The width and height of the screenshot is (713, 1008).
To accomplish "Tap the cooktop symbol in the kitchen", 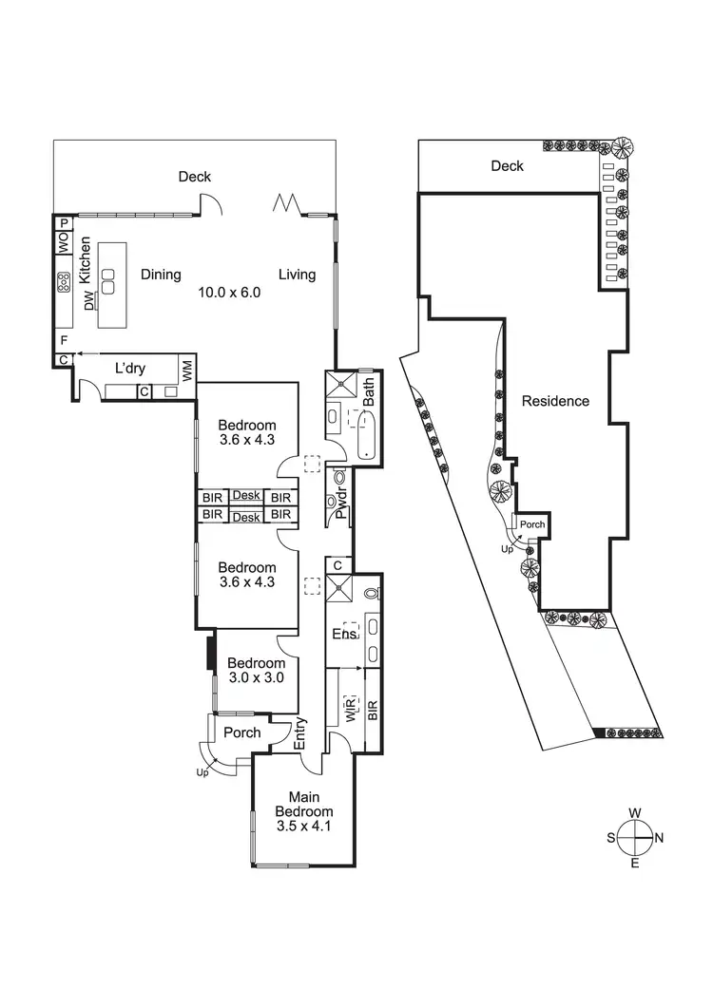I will tap(64, 282).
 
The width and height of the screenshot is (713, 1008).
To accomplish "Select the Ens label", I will tap(343, 634).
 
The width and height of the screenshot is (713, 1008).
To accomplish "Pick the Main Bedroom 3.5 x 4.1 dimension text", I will tap(304, 827).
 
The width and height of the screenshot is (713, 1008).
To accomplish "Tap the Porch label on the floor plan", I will tap(241, 732).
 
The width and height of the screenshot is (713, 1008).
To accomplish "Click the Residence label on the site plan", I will tap(555, 401).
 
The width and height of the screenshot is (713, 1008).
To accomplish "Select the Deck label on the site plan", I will tap(507, 166).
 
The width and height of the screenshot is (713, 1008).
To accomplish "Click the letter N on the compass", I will tap(659, 838).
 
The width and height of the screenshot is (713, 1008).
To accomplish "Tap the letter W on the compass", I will tap(634, 813).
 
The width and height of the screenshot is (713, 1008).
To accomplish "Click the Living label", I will tap(297, 275).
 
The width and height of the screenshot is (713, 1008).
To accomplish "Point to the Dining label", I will tap(161, 275).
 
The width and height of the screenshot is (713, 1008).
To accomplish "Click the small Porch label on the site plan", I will tap(532, 523).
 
